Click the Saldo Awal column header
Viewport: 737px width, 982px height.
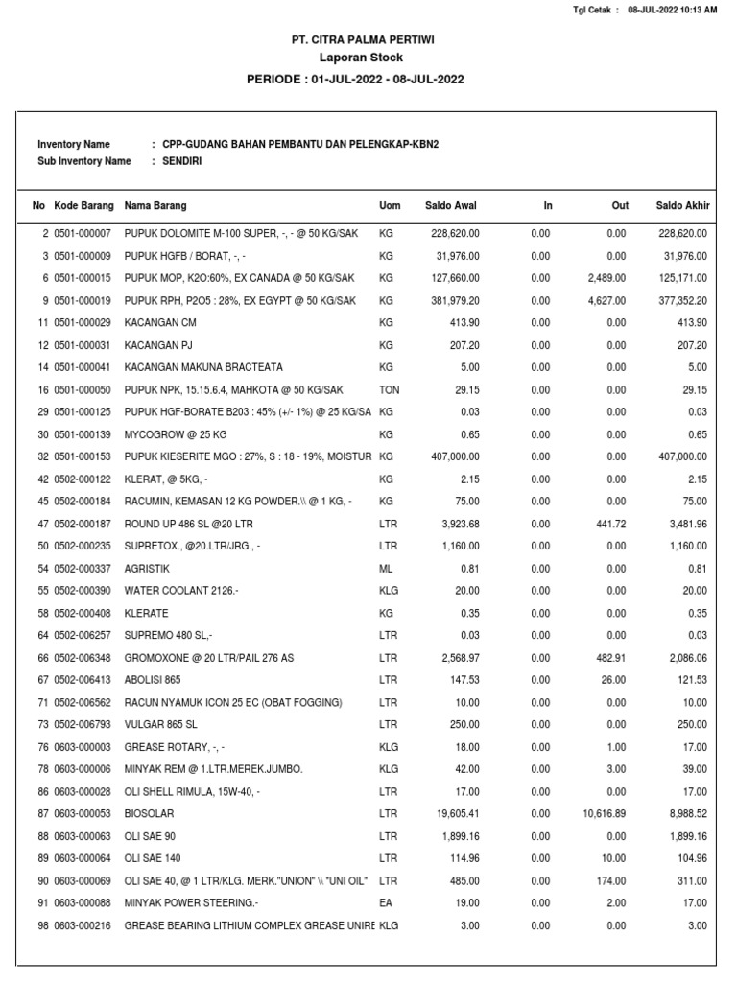pyautogui.click(x=451, y=206)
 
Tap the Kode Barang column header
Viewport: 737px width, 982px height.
pyautogui.click(x=84, y=206)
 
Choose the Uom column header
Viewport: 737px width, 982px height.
pyautogui.click(x=390, y=206)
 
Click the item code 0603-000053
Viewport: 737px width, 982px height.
pyautogui.click(x=83, y=814)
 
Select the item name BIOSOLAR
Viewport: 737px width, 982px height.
pyautogui.click(x=150, y=814)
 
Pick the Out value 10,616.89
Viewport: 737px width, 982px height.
pyautogui.click(x=604, y=814)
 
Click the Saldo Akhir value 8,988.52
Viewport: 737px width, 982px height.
pyautogui.click(x=683, y=814)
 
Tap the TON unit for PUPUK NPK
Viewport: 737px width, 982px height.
pyautogui.click(x=390, y=390)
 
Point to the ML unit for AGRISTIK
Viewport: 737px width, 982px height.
pyautogui.click(x=386, y=569)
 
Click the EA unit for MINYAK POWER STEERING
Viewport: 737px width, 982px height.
pyautogui.click(x=386, y=903)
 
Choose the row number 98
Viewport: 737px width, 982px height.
pyautogui.click(x=42, y=925)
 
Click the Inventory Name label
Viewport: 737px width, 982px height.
pyautogui.click(x=73, y=144)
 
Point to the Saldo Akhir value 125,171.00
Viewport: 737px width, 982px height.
pyautogui.click(x=680, y=278)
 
